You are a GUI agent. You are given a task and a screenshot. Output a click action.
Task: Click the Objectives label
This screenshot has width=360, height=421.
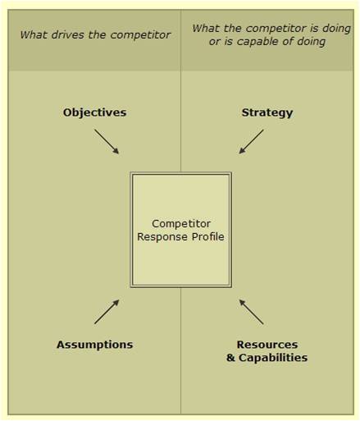pyautogui.click(x=94, y=112)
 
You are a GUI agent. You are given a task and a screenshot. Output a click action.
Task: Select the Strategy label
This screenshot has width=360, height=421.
pyautogui.click(x=267, y=113)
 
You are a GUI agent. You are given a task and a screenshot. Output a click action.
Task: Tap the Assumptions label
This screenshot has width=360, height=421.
pyautogui.click(x=95, y=345)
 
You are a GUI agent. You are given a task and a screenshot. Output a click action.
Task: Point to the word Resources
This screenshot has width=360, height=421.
pyautogui.click(x=267, y=345)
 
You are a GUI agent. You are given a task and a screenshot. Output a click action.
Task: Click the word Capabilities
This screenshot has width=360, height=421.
pyautogui.click(x=273, y=358)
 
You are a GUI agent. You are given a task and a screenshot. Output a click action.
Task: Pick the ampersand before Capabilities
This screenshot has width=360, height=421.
pyautogui.click(x=231, y=358)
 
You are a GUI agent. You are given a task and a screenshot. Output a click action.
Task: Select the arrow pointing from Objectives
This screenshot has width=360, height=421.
pyautogui.click(x=107, y=142)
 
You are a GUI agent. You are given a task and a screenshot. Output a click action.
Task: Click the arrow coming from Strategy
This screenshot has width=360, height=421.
pyautogui.click(x=251, y=142)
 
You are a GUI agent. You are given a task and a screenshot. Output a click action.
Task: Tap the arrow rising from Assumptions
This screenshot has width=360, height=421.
pyautogui.click(x=107, y=312)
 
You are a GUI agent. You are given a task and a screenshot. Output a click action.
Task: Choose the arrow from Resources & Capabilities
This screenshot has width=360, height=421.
pyautogui.click(x=251, y=312)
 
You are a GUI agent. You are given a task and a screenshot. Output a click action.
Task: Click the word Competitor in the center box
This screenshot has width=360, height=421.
pyautogui.click(x=181, y=224)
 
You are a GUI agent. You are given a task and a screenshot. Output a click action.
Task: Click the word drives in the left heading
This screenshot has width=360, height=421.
pyautogui.click(x=68, y=35)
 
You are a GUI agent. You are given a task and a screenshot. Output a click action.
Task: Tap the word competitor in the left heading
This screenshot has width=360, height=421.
pyautogui.click(x=140, y=35)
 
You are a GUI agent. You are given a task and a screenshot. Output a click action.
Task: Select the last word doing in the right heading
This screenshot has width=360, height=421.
pyautogui.click(x=312, y=42)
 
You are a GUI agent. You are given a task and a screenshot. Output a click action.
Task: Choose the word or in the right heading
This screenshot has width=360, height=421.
pyautogui.click(x=215, y=42)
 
